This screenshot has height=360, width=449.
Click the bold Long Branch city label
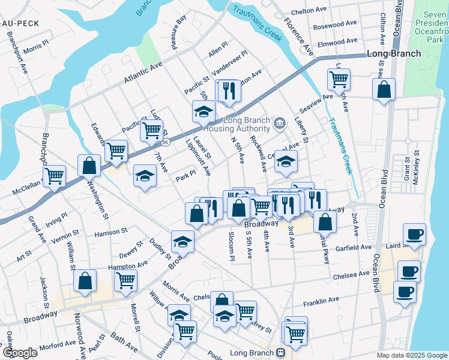click(x=393, y=53)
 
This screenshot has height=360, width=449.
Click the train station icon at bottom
click(x=280, y=353)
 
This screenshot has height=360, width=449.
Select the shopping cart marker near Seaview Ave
click(x=339, y=79)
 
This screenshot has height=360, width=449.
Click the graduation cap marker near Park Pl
click(x=145, y=175)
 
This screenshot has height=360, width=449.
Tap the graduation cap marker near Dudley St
click(x=182, y=241)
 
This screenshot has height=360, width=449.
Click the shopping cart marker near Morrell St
click(x=125, y=280)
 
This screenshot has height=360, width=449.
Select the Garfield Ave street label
click(x=354, y=247)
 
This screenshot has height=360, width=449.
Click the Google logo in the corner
click(x=19, y=353)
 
